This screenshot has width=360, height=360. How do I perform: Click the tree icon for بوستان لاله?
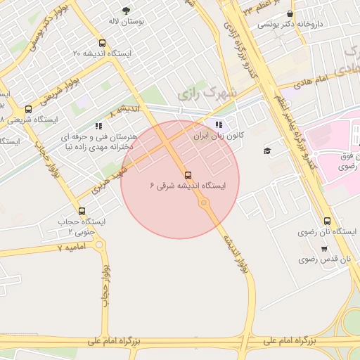coord(126,11)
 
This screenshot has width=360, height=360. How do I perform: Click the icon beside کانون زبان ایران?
coord(208,124)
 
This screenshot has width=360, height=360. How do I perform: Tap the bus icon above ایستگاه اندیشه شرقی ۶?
coord(187,175)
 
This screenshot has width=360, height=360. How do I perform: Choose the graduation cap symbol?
coord(267,150)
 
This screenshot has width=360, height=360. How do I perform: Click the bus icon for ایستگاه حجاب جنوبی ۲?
coord(82,211)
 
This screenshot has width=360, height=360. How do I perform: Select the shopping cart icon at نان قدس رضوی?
coord(324,248)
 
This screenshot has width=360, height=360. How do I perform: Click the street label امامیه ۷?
coord(70,247)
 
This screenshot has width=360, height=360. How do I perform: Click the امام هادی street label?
coord(312,82)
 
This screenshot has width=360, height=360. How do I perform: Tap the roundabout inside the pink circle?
coord(204,204)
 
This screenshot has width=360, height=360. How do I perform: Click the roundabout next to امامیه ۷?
coord(99,244)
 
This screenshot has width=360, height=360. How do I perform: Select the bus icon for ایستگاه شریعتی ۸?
coord(28,109)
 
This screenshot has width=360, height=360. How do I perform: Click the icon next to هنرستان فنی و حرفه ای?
coord(98,126)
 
